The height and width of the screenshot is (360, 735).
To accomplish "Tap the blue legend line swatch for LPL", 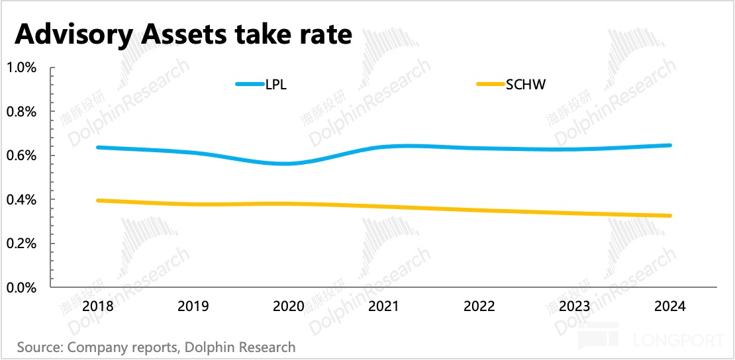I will [x=250, y=84].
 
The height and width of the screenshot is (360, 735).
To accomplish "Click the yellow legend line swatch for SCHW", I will [x=490, y=84].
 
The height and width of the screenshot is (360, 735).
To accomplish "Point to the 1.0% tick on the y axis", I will [x=22, y=67].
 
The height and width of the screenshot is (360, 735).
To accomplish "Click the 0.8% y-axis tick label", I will [x=22, y=112].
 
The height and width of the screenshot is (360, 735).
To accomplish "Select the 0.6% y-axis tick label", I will [x=22, y=156].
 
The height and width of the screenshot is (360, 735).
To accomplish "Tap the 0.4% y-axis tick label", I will [x=22, y=200].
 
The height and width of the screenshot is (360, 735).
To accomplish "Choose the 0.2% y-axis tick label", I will [x=22, y=244].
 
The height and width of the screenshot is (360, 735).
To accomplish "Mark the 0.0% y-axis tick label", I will [x=22, y=288].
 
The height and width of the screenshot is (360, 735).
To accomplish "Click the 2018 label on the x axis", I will [x=97, y=307].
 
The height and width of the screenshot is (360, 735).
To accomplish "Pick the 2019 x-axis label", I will [x=193, y=307].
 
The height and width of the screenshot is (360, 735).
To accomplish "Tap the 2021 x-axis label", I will [x=383, y=307].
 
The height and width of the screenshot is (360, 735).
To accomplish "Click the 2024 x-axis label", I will [x=670, y=307].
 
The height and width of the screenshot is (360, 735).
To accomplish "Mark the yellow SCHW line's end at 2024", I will [x=670, y=216].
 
